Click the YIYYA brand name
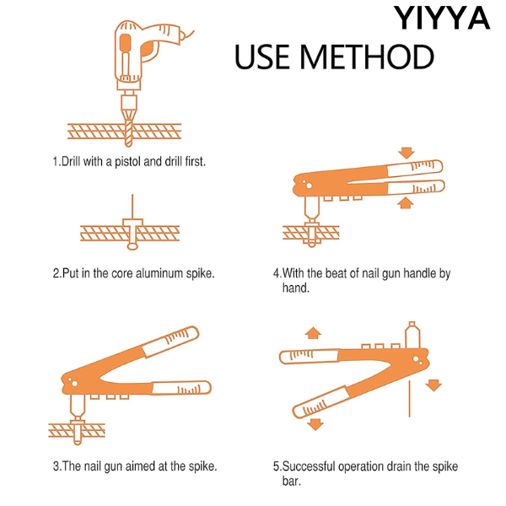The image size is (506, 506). point(442,18)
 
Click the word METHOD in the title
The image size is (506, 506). point(367,57)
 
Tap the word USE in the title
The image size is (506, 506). point(262,57)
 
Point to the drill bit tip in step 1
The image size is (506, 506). point(128,144)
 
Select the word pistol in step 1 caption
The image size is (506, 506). point(128,162)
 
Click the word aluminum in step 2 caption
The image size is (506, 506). point(159,273)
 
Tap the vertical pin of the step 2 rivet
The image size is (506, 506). point(132,207)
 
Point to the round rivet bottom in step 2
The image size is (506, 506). point(132,246)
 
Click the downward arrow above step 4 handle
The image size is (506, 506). point(406,153)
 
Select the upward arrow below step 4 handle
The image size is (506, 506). point(406,203)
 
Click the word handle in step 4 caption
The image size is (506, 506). point(420,273)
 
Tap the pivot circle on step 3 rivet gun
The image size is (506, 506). point(74,384)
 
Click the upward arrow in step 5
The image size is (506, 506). point(313,333)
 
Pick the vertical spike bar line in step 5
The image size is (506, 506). point(410,399)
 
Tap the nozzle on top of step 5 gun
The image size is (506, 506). point(412,335)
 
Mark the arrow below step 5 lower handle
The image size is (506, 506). point(315,424)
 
